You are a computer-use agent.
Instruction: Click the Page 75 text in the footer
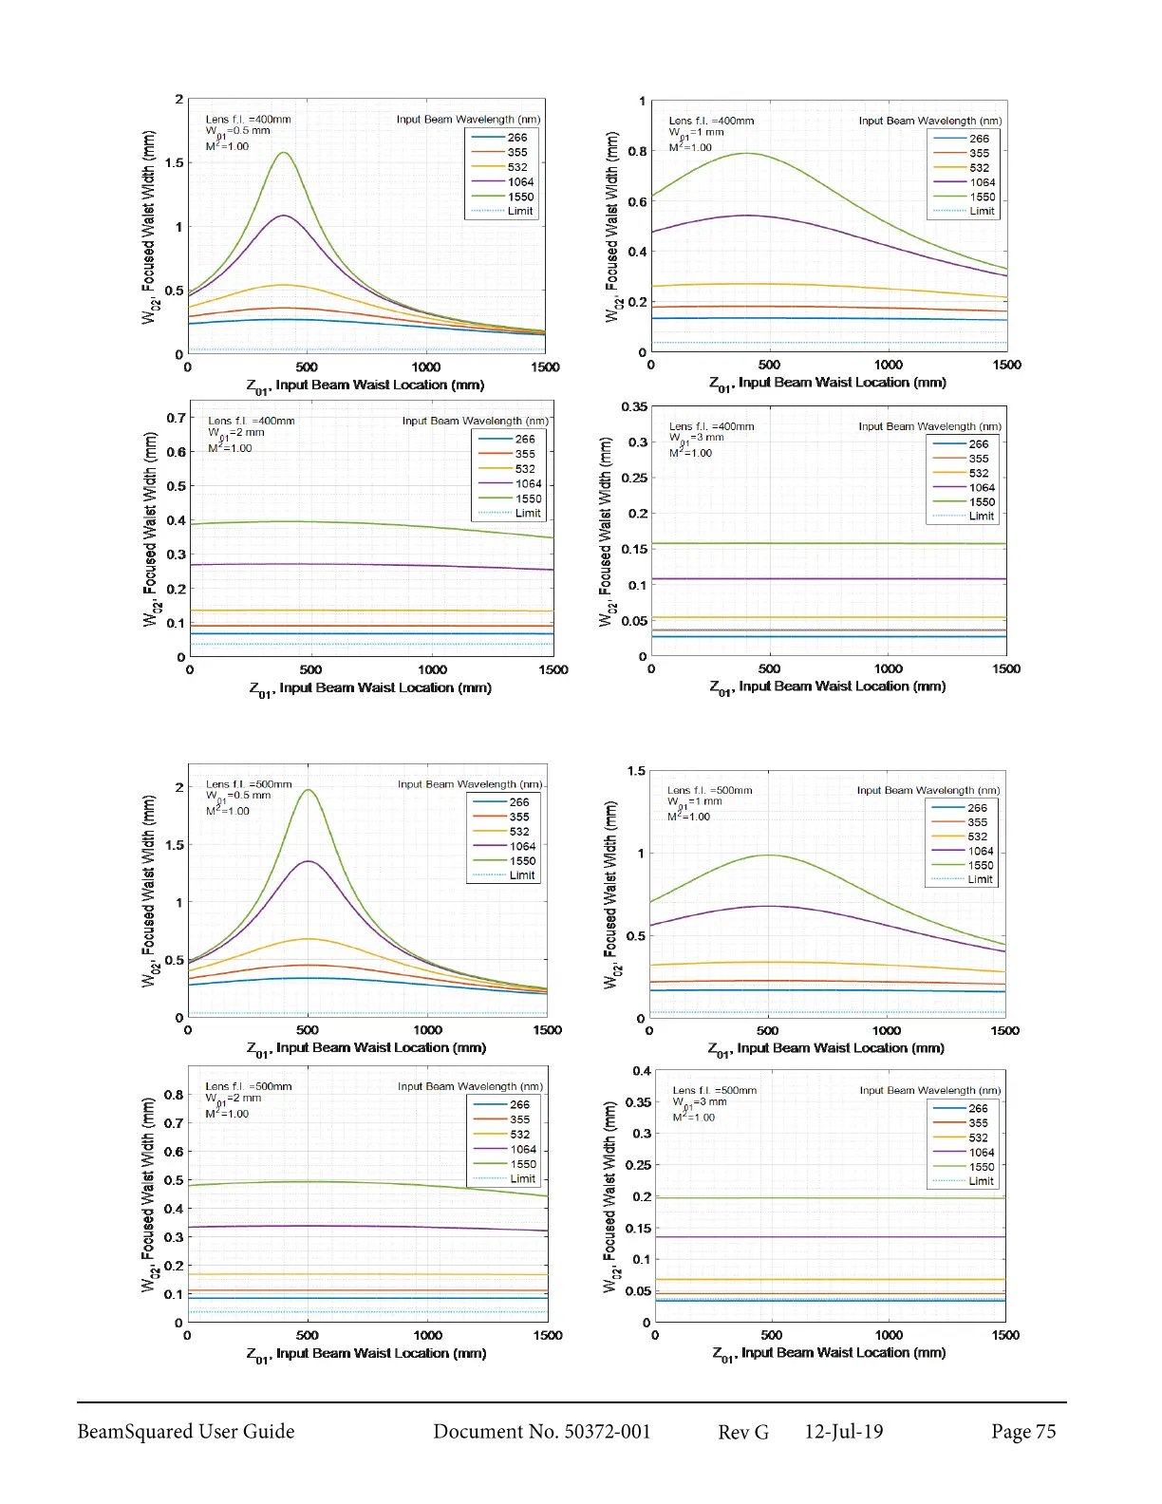(1022, 1432)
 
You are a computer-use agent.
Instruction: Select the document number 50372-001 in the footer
(541, 1432)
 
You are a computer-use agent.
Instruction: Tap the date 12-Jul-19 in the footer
(843, 1432)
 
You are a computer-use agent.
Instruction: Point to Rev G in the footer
(742, 1432)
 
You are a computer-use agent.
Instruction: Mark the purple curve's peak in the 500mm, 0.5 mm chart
(309, 861)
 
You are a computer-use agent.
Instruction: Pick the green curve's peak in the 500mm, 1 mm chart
(768, 855)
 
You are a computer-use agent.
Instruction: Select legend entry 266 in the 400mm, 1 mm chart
(978, 139)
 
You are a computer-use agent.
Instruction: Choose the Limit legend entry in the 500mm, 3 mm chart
(981, 1181)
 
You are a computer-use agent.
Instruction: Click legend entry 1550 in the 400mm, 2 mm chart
(528, 498)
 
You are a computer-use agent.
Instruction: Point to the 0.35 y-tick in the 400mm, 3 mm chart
(634, 407)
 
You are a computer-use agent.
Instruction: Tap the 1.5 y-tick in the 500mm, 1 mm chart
(635, 771)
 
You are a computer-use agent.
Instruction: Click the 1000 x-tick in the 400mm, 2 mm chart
(432, 670)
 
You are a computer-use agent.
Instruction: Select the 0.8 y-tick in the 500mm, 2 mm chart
(173, 1095)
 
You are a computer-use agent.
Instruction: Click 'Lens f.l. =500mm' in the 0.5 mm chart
(249, 784)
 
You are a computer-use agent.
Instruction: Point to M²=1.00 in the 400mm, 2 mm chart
(230, 448)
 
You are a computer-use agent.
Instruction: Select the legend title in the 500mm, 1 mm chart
(928, 790)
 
